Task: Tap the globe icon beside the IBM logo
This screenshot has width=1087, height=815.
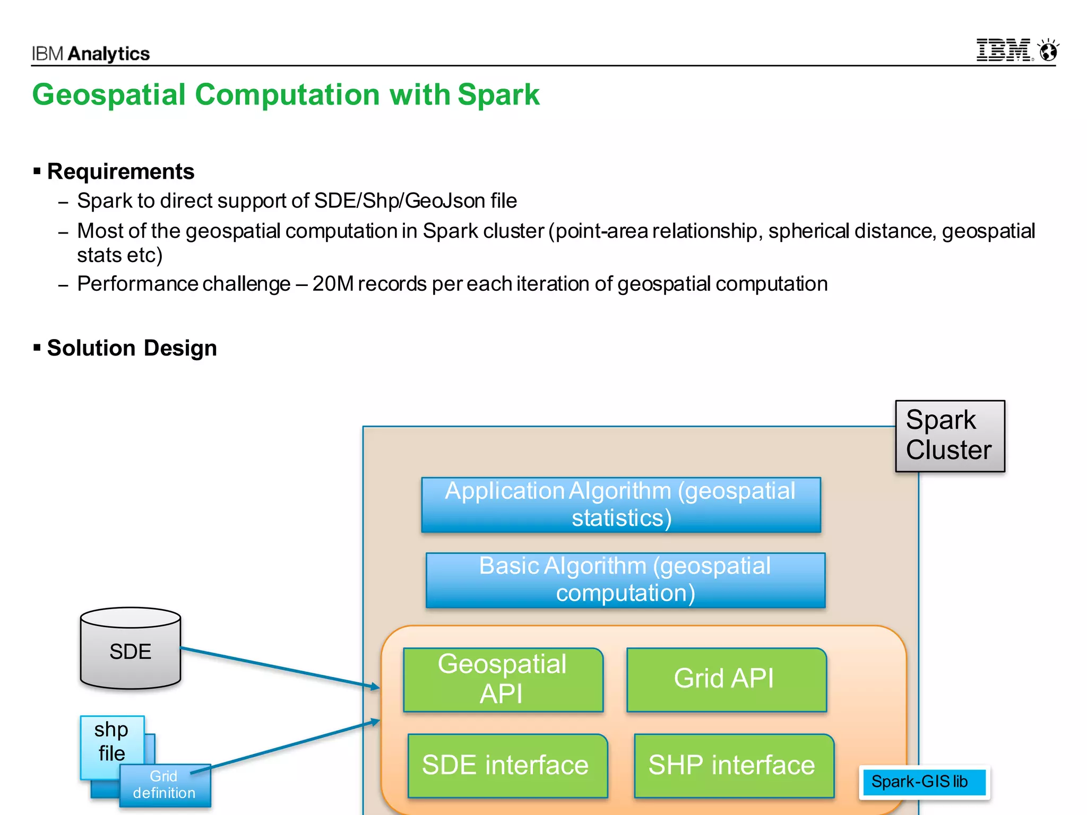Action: click(x=1048, y=51)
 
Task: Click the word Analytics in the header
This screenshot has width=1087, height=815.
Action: click(x=109, y=54)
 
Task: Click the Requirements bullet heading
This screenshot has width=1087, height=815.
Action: click(x=120, y=171)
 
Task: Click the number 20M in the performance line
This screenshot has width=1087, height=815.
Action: click(x=333, y=284)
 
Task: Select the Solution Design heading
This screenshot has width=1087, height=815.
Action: click(x=132, y=348)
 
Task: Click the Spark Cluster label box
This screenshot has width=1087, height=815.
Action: click(x=950, y=436)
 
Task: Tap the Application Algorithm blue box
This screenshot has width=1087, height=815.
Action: click(x=620, y=505)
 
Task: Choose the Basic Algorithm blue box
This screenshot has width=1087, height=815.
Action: click(x=625, y=579)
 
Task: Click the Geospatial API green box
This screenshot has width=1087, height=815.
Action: click(x=503, y=679)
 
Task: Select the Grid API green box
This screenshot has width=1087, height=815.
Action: click(x=726, y=679)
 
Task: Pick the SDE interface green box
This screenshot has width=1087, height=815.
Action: click(x=507, y=765)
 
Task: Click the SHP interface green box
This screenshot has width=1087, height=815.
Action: click(x=733, y=765)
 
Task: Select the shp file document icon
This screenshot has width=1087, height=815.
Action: click(x=111, y=741)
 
